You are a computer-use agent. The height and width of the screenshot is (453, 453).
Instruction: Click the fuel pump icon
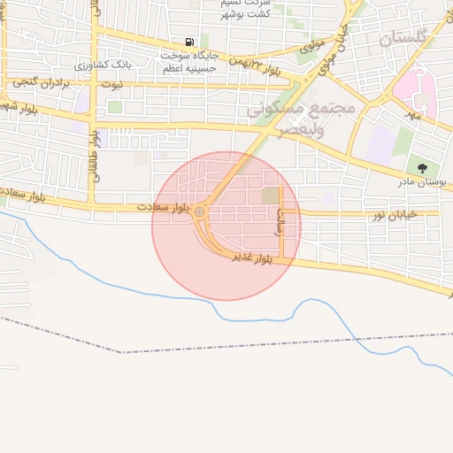point(189,42)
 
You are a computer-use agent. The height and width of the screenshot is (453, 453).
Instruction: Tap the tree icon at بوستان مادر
point(422,167)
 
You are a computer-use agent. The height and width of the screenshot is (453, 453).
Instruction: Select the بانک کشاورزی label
point(104,65)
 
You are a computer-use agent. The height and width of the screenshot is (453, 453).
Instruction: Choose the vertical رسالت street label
point(280,220)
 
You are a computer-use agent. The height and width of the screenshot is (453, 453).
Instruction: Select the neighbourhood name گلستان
point(403,38)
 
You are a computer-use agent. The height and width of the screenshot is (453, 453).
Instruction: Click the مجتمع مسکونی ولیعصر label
point(301,119)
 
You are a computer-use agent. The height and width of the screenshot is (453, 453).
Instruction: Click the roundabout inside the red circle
point(200,212)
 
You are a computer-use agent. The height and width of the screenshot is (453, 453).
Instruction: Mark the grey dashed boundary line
point(265,342)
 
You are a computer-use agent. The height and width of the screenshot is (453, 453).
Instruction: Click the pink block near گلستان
point(411,89)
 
